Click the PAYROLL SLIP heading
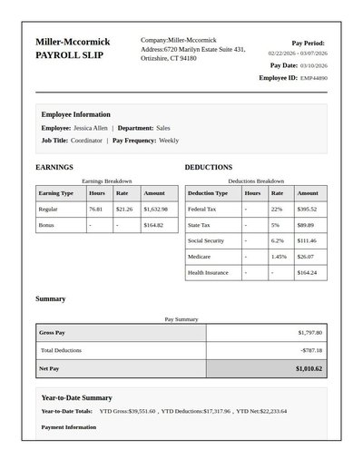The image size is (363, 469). (69, 55)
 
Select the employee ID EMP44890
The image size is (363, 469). (314, 78)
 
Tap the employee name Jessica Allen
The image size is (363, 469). (90, 128)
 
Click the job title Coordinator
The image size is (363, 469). (86, 141)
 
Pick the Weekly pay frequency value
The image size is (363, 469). (169, 141)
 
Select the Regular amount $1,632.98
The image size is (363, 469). (155, 209)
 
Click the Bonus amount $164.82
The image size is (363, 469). (153, 224)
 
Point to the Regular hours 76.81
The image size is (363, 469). (95, 209)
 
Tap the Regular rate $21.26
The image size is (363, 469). (124, 209)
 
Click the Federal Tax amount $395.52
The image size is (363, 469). (307, 209)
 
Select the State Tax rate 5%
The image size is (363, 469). (275, 224)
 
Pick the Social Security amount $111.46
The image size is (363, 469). (307, 240)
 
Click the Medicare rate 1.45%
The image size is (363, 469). (279, 256)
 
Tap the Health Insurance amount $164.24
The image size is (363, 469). (307, 272)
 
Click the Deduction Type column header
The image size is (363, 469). (208, 193)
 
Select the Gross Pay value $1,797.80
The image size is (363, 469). (309, 333)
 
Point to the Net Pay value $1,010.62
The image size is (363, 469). (309, 369)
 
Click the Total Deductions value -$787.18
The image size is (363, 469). (311, 350)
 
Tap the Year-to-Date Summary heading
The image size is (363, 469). (77, 397)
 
